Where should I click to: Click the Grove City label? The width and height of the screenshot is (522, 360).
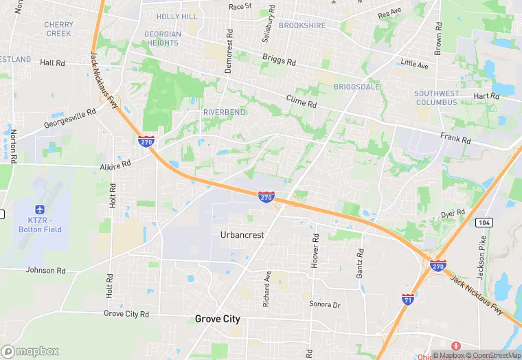pos(217,319)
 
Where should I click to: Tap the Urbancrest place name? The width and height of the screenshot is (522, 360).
pos(242,235)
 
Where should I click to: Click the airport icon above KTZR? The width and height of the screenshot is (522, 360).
pos(38,209)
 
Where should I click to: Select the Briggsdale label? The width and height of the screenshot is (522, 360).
pos(355,87)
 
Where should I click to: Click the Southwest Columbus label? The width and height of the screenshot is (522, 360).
pos(435,98)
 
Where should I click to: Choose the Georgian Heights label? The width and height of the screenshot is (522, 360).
pos(163,38)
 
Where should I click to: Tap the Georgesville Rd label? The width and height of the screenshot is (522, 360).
pos(70,119)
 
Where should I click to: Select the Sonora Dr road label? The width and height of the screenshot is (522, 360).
pos(324,304)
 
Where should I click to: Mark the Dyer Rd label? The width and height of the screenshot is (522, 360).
pos(453,213)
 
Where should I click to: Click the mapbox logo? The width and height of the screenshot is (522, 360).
pos(30,351)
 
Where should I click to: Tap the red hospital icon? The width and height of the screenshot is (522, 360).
pos(455,346)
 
